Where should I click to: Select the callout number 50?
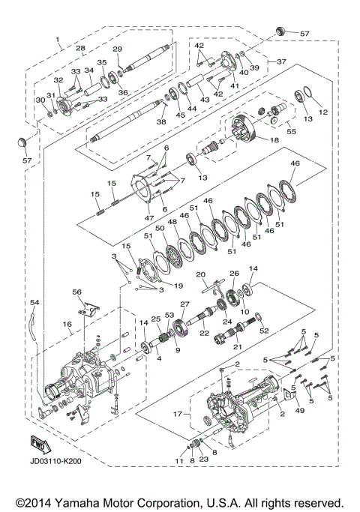point(160,227)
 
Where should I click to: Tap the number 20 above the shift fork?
point(201,274)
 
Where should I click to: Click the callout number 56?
point(76,292)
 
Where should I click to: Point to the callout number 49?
point(301,410)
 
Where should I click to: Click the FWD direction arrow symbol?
point(36,440)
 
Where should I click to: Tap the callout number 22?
point(205,333)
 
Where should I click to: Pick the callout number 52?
point(263,330)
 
